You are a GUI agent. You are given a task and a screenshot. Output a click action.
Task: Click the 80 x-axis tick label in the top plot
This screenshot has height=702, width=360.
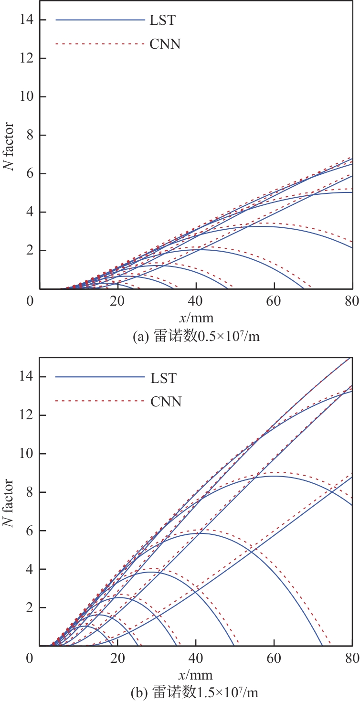352,302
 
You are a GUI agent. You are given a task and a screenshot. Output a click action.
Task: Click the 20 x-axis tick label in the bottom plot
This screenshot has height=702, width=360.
117,659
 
